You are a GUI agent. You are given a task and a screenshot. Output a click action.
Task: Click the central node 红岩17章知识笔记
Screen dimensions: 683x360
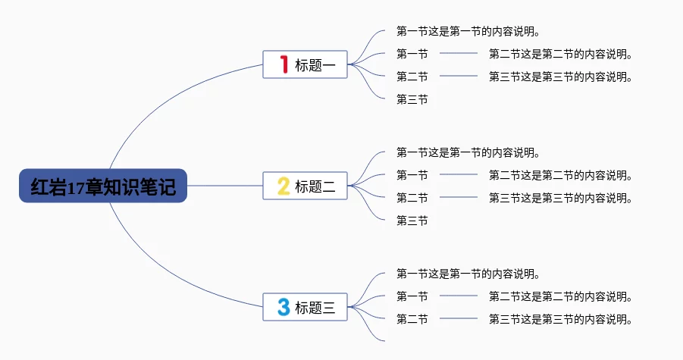[103, 186]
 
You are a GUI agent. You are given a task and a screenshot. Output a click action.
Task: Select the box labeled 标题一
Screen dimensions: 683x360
[305, 64]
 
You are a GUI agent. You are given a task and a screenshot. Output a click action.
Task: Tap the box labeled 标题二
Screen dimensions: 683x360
[305, 186]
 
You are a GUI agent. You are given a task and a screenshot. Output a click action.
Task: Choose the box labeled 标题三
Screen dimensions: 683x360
[305, 308]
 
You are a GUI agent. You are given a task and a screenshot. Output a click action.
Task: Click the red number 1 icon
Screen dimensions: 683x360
[284, 64]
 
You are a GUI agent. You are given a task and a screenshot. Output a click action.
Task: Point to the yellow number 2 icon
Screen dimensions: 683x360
[284, 186]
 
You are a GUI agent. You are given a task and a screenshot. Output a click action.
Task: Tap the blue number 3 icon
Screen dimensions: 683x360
[284, 307]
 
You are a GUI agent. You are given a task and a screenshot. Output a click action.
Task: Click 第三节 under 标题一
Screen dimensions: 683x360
[412, 99]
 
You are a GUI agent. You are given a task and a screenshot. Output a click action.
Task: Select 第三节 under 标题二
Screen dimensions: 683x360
[412, 221]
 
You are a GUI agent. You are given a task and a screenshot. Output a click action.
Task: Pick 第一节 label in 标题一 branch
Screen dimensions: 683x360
[412, 54]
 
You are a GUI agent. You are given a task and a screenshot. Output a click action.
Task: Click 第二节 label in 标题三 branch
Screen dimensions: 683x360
[412, 319]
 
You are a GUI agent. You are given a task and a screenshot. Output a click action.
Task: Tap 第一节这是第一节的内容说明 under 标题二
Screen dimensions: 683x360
[468, 152]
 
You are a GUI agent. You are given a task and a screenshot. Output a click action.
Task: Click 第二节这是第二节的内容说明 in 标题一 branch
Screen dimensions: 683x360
[561, 54]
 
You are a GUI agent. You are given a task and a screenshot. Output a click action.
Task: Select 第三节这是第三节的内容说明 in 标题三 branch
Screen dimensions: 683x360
[561, 319]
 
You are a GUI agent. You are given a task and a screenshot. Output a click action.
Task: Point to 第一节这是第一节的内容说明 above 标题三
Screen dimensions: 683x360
[468, 274]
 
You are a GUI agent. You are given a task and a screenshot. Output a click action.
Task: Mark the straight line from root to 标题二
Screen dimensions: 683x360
[225, 186]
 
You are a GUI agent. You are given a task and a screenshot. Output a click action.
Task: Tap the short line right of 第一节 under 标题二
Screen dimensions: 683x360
[459, 174]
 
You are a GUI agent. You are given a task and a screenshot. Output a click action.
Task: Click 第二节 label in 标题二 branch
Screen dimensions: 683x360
[412, 198]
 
